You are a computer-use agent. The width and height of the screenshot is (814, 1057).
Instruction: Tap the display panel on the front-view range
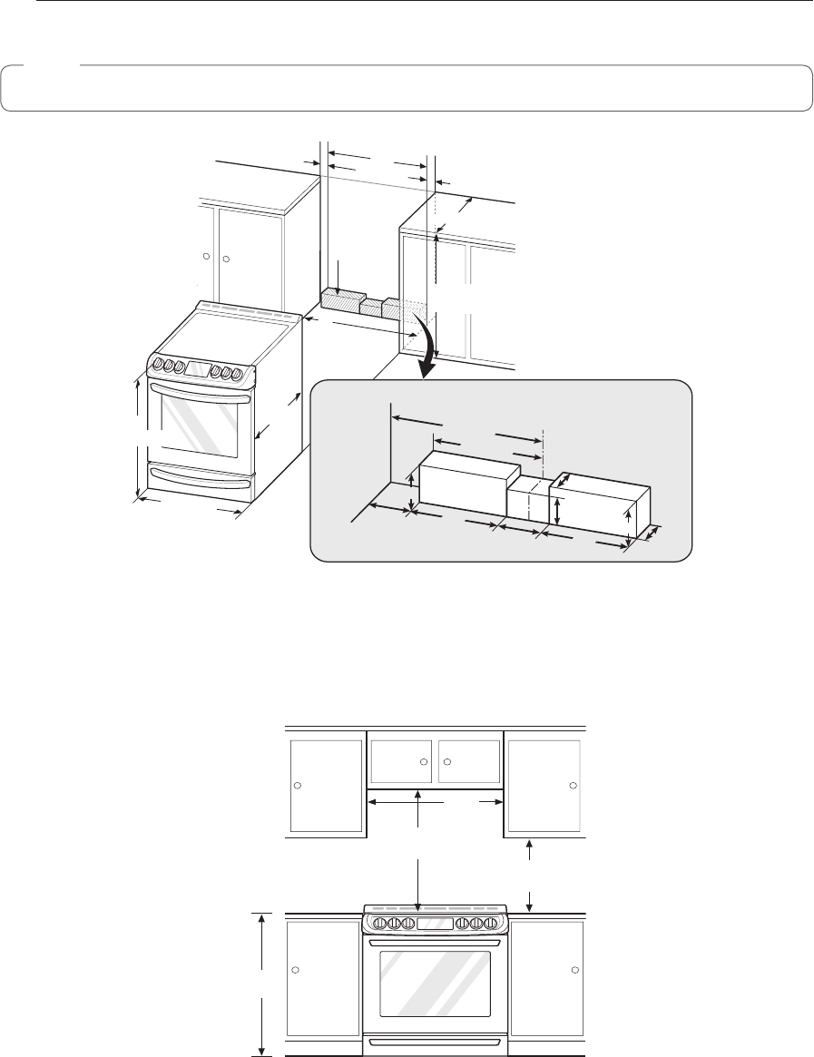(x=434, y=924)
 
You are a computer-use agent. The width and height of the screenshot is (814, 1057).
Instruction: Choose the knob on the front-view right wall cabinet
(x=573, y=784)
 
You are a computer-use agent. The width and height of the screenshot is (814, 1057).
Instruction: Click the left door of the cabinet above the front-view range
(x=400, y=761)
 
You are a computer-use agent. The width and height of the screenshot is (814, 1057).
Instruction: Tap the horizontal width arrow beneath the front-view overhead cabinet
(x=435, y=802)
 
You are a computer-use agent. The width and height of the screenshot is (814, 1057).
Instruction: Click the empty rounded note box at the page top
(x=407, y=88)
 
